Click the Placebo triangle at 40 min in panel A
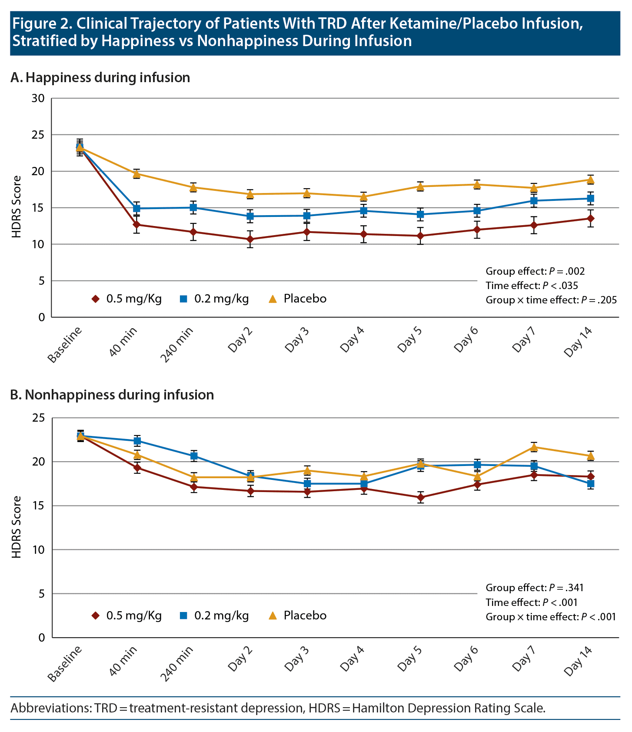[136, 174]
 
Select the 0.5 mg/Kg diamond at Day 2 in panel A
[250, 239]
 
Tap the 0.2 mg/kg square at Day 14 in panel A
[591, 198]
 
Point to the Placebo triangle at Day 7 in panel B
[534, 447]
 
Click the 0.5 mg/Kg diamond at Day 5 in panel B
[420, 497]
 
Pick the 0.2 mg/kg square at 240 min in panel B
[193, 456]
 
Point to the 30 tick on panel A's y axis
[38, 98]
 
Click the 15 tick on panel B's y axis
[38, 506]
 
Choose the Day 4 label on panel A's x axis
[352, 339]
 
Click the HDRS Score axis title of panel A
[17, 207]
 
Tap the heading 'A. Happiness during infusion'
[100, 78]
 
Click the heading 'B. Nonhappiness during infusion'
[112, 395]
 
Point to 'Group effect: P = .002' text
[535, 271]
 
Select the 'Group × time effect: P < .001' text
[551, 617]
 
